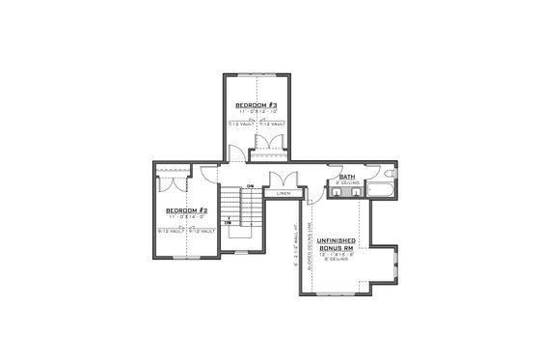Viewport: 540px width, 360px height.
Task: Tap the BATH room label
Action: click(346, 177)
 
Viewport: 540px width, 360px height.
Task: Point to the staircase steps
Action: click(238, 208)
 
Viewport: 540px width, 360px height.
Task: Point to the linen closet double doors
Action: click(282, 180)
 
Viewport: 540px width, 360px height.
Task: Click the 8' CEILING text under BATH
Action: click(346, 183)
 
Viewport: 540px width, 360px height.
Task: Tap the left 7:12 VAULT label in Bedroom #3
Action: click(237, 125)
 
